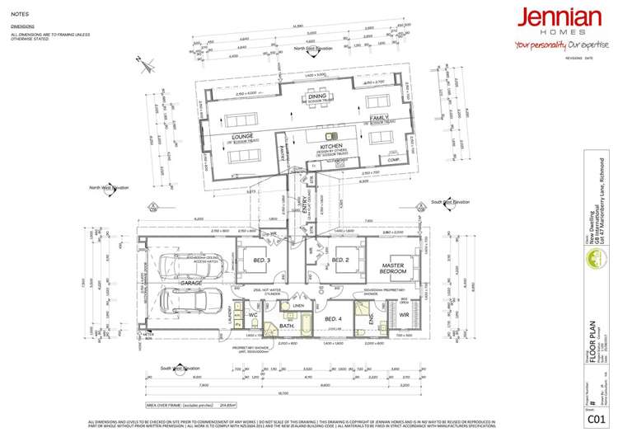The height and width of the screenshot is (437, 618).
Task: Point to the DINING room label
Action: point(318,96)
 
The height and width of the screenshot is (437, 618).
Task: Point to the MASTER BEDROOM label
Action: point(393,266)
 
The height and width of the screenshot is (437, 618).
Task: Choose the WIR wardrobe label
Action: point(404,313)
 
